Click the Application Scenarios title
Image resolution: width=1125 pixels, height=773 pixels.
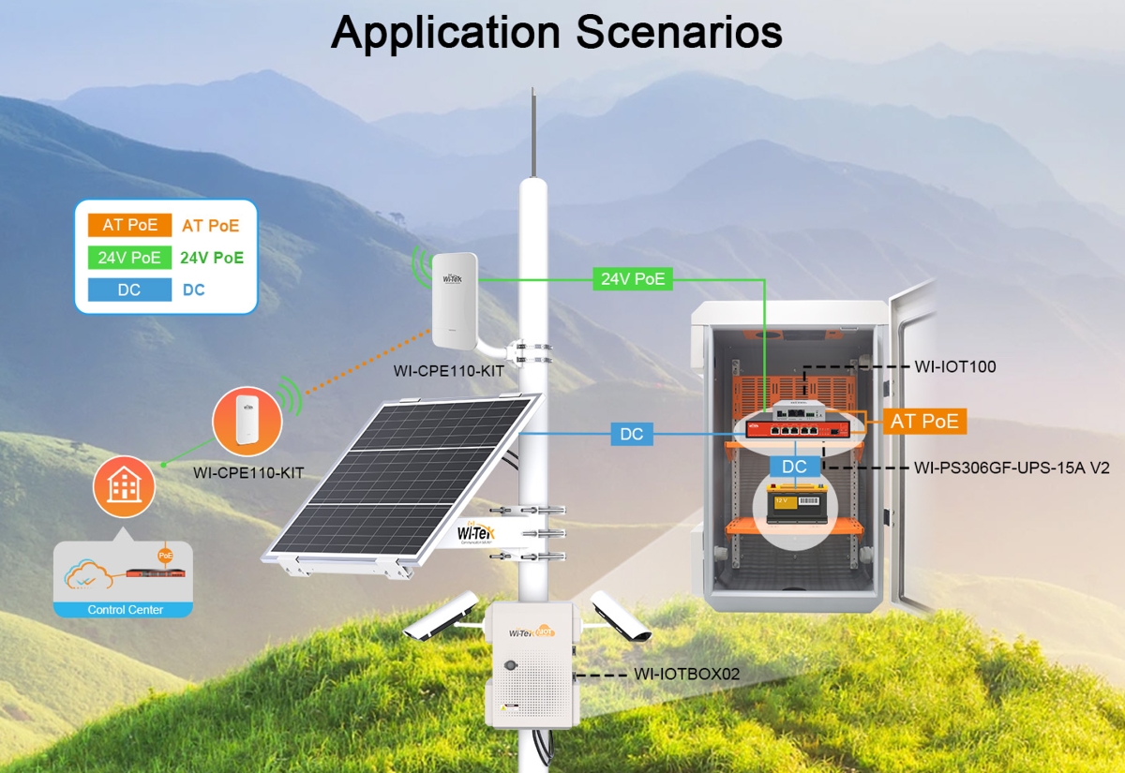(x=557, y=33)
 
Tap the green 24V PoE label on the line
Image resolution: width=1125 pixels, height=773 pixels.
(x=633, y=277)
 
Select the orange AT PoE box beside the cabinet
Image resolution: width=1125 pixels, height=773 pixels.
(x=925, y=422)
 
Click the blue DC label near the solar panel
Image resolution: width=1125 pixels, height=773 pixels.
(x=632, y=435)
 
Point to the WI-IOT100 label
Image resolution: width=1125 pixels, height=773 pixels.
(x=955, y=366)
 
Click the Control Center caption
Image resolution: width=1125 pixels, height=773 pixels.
(x=126, y=610)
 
